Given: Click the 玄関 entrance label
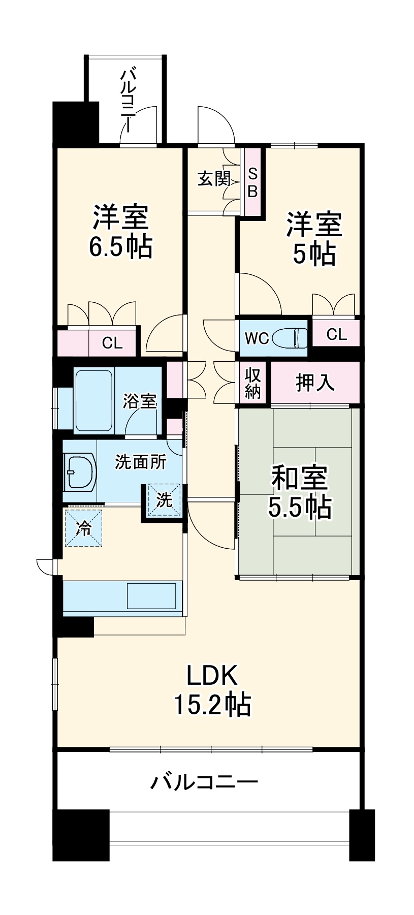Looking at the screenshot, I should [213, 179].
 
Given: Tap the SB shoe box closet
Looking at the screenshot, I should [252, 182].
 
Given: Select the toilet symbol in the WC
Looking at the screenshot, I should [290, 338].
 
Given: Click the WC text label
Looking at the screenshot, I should [256, 338].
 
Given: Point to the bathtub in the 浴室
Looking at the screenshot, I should [94, 400].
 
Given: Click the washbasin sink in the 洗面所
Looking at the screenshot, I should [80, 470].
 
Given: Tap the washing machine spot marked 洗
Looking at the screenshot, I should [164, 500].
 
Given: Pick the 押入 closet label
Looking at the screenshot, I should [315, 383].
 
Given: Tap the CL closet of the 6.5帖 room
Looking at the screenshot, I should [112, 343].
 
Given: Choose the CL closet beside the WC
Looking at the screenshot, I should [336, 334].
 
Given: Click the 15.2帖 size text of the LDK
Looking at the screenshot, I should [212, 704].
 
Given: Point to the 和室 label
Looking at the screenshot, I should [300, 478].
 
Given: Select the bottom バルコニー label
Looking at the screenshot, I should [204, 781].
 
